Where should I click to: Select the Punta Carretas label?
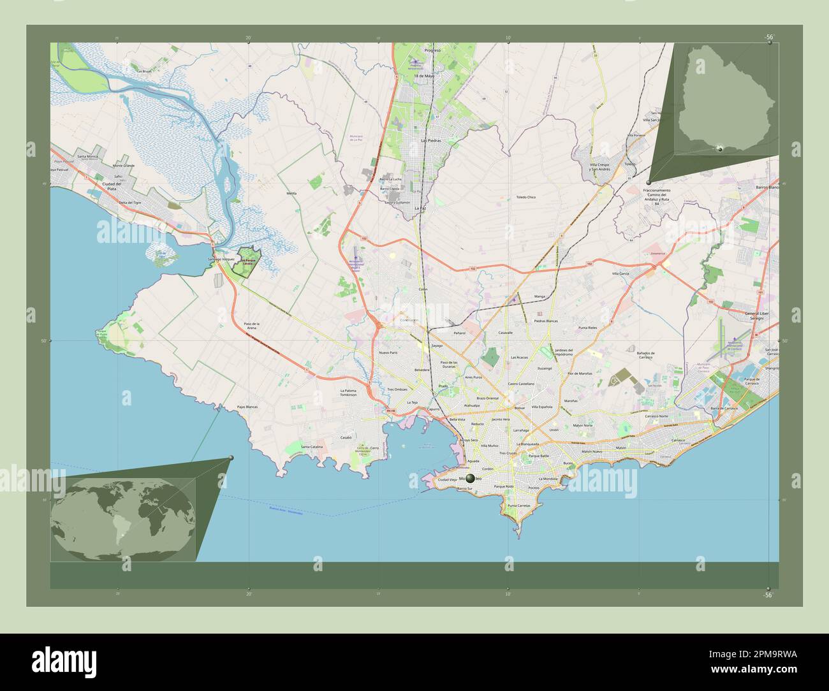[x=519, y=506]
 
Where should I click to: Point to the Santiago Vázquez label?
[x=221, y=259]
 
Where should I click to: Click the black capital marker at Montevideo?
[x=471, y=478]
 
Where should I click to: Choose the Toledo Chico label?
[x=525, y=198]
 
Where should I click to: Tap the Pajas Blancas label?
[x=247, y=406]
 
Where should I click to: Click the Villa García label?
[x=620, y=273]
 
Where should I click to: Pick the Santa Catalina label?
[x=312, y=447]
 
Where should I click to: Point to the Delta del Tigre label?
[x=128, y=202]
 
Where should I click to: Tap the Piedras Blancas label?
[x=545, y=321]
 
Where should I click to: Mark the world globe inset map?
[x=123, y=520]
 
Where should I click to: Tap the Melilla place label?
[x=292, y=193]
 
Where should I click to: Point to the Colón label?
[x=422, y=289]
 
